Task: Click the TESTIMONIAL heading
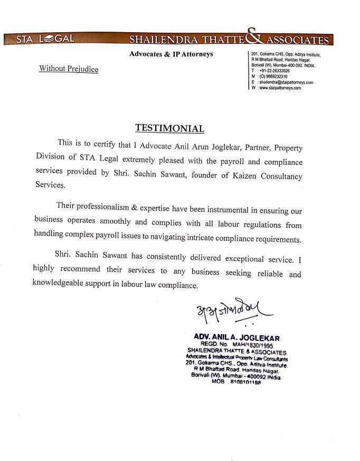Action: [169, 128]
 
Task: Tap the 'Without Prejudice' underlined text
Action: [69, 69]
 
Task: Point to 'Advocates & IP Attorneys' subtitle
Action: [171, 54]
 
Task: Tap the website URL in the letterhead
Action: [280, 88]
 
